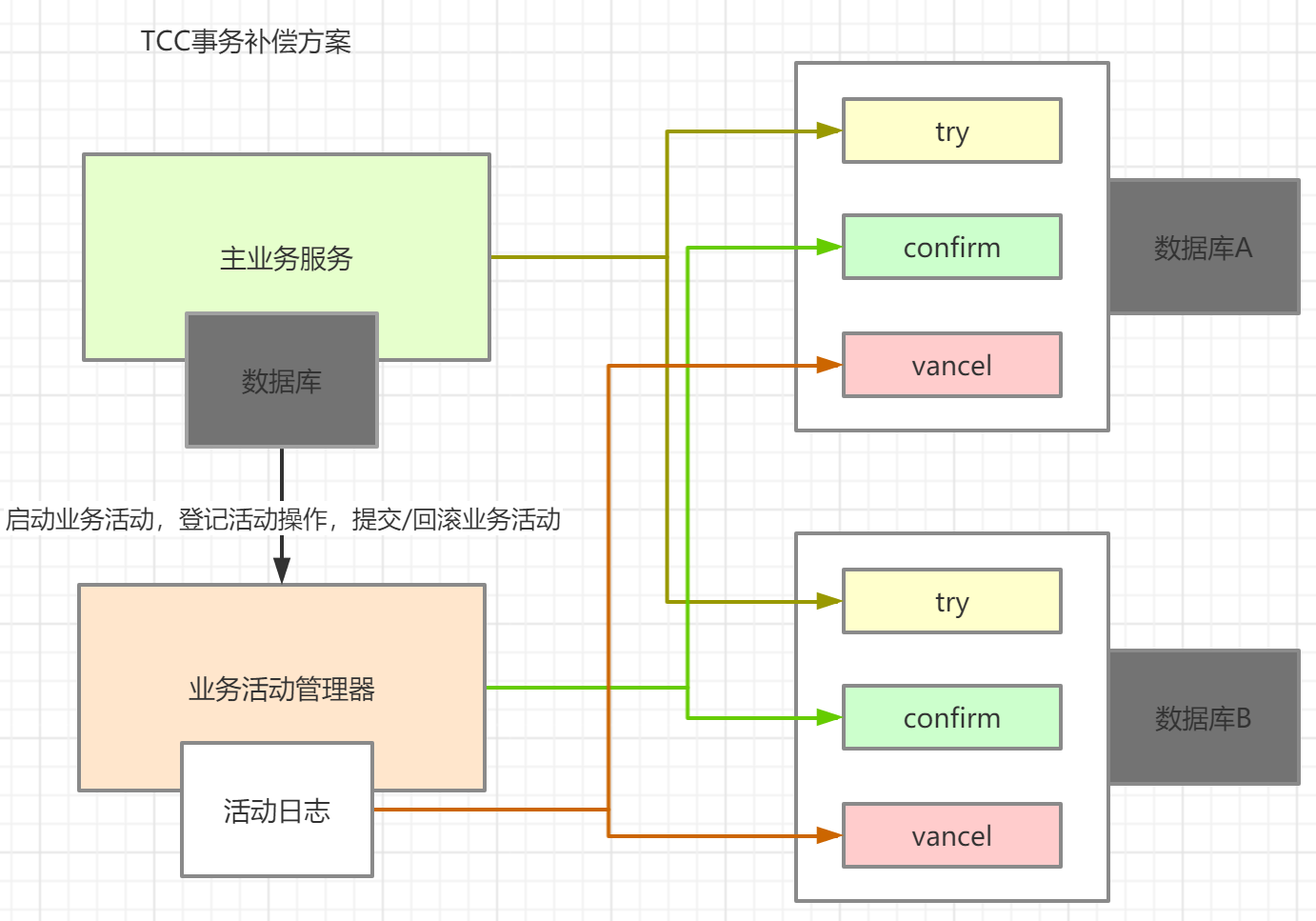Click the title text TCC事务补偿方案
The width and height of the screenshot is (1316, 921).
pos(246,42)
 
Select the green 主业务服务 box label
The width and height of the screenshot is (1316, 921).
pos(286,258)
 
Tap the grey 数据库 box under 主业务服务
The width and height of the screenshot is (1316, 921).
pos(282,381)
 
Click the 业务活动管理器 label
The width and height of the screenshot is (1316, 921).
pos(282,689)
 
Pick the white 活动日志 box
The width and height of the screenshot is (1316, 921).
pos(277,811)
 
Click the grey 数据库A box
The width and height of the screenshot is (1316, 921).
pos(1204,248)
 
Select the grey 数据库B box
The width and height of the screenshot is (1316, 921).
pos(1204,718)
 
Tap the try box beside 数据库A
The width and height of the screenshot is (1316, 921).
pos(951,131)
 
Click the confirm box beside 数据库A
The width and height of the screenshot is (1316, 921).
pos(951,248)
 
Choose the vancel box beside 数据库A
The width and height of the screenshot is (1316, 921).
pos(951,366)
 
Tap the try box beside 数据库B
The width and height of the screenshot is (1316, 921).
pos(951,602)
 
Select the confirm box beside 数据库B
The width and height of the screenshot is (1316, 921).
pos(951,718)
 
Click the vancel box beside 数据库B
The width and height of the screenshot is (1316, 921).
pos(951,836)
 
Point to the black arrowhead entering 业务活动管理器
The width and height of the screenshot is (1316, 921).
pos(282,571)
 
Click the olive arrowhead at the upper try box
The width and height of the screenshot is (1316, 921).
pos(829,130)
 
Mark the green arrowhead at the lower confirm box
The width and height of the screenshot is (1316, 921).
pos(829,717)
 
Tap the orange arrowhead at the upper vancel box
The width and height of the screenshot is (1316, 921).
pos(829,365)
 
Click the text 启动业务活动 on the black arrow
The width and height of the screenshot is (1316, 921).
pos(80,519)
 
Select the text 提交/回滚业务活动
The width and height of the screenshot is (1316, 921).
pos(456,519)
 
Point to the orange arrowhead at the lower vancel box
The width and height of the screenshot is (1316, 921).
pos(829,835)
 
